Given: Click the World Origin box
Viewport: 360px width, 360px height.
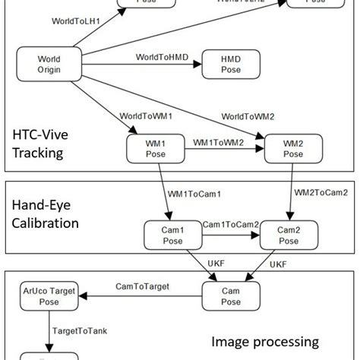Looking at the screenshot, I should coord(49,65).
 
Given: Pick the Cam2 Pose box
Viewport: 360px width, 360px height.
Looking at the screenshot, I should coord(288,235).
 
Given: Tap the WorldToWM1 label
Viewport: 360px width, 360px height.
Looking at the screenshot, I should coord(146,115).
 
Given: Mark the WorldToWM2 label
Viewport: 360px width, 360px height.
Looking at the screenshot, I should coord(248,115).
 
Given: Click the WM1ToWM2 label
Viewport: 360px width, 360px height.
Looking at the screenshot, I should coord(219,142).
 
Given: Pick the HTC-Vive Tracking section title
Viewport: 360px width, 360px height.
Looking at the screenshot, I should coord(37,144).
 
